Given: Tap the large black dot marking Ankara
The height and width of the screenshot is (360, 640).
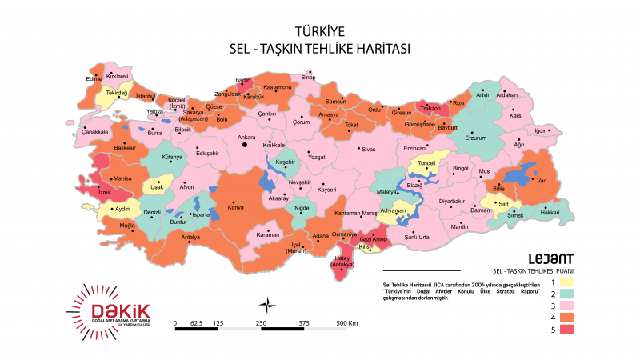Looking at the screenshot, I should coord(246,146).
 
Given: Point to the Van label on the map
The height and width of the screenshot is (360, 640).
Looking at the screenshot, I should coord(541,182).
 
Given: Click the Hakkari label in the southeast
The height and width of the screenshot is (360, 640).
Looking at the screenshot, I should coord(550,212).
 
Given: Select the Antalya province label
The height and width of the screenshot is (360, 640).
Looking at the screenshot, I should coord(190,238).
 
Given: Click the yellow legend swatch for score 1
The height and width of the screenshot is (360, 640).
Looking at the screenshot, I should coord(566,282).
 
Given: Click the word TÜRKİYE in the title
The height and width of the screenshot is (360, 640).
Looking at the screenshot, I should coord(319,32).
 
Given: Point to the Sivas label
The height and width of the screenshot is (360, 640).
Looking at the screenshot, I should coord(368,149).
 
